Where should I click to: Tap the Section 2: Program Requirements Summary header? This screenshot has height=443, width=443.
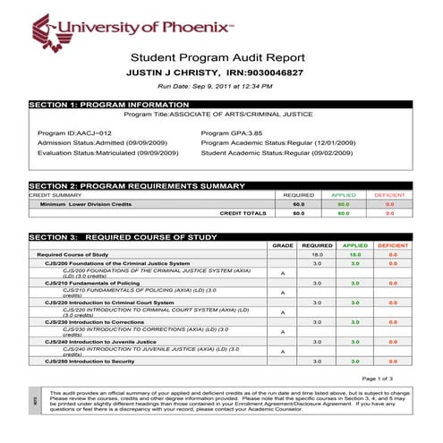pos(137,185)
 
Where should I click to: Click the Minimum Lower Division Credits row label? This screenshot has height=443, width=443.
pos(86,204)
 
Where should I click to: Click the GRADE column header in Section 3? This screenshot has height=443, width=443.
pos(283,244)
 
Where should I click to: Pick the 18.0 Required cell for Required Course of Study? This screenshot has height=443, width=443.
pos(317,254)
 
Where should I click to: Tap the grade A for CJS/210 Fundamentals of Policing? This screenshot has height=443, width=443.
pos(283,292)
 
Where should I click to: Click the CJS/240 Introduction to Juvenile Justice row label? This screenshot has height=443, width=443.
pos(106,341)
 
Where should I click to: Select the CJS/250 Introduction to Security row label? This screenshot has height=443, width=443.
pos(98,361)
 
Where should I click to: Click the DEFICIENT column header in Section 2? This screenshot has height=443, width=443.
pos(390,194)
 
